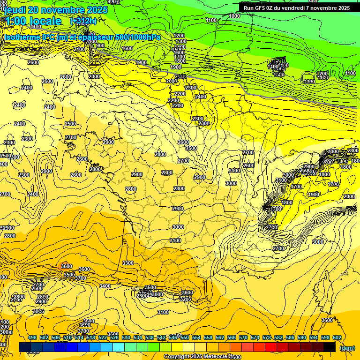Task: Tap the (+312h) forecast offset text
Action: (84, 21)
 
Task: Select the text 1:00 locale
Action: (33, 21)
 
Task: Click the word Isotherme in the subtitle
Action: (22, 37)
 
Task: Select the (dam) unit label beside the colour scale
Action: (347, 347)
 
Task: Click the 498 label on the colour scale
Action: (32, 338)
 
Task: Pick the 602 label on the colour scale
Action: (337, 338)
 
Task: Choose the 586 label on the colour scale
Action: (290, 338)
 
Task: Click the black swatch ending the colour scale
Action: (330, 347)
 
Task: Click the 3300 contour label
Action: (127, 263)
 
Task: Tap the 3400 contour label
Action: (105, 286)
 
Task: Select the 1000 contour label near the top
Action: (234, 16)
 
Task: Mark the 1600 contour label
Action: (127, 48)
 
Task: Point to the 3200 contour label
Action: (186, 299)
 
